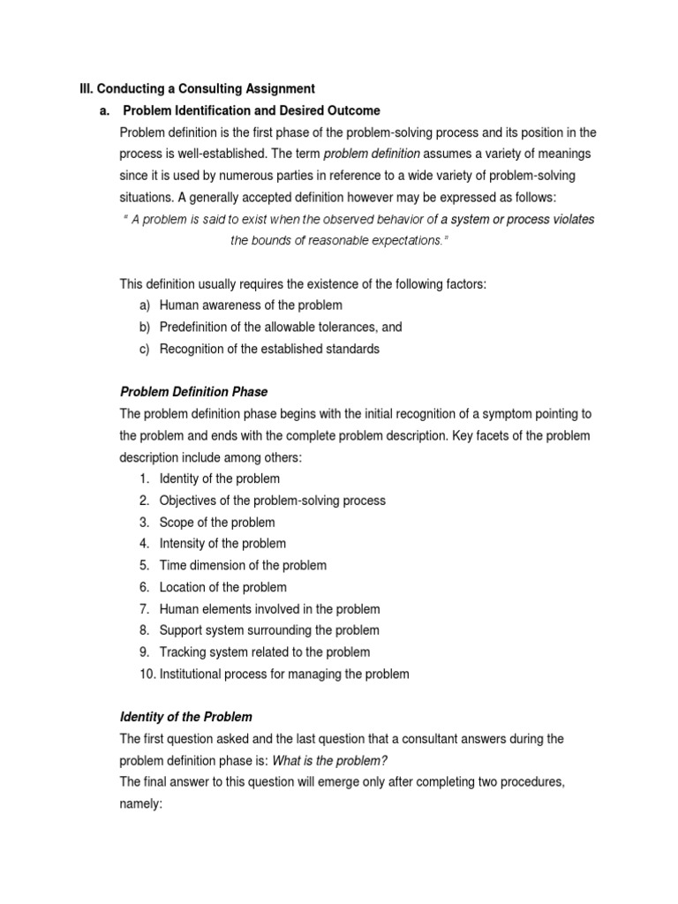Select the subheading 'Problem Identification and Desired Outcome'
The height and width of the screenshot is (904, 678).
[x=252, y=110]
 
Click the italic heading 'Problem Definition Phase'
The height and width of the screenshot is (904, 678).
[x=193, y=392]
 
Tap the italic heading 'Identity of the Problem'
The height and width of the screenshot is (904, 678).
[x=185, y=717]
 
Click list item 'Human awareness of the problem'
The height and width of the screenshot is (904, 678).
[x=251, y=305]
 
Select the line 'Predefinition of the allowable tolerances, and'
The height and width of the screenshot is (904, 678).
[x=280, y=327]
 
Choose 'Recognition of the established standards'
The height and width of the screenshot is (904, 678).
[x=269, y=349]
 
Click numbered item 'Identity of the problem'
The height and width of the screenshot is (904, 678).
[x=219, y=478]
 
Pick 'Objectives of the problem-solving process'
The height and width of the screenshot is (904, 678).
[x=272, y=501]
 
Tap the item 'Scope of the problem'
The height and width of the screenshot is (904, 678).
[x=216, y=523]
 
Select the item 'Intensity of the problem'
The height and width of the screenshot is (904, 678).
[x=222, y=544]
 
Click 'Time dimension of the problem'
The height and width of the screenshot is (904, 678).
[x=243, y=565]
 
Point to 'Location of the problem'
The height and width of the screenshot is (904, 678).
[x=222, y=587]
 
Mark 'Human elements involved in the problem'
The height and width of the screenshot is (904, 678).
[x=269, y=609]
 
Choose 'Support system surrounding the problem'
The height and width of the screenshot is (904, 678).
[x=269, y=630]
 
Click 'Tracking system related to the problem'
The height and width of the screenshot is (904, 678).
[x=265, y=652]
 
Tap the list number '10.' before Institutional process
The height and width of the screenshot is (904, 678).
[x=146, y=674]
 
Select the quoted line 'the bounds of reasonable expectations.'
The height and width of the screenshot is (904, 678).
[x=339, y=240]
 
